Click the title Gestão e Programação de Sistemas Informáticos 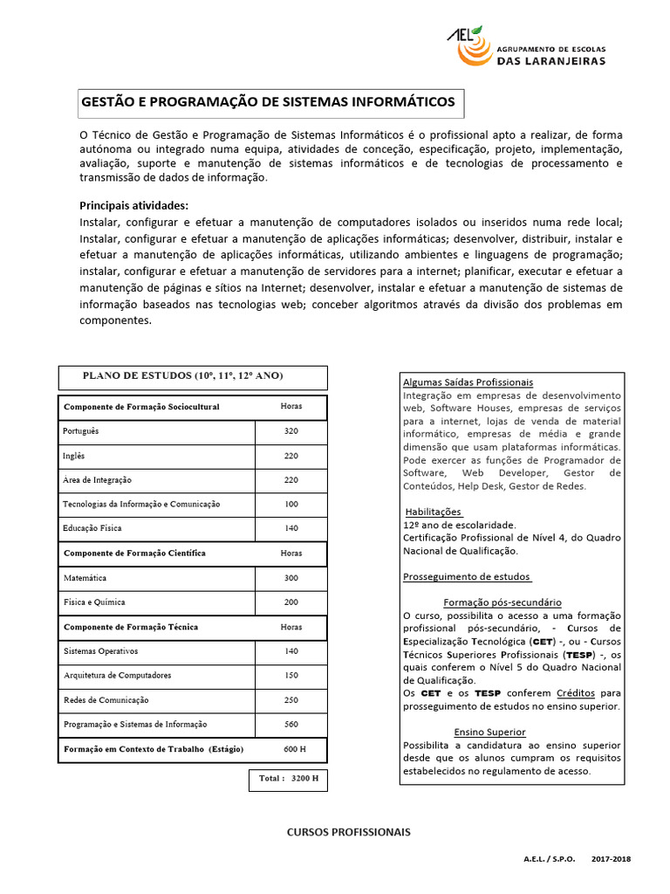click(268, 102)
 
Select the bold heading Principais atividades click(133, 205)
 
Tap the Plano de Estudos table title click(182, 375)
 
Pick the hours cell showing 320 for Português click(291, 431)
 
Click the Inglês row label click(73, 456)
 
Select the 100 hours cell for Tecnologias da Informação click(291, 504)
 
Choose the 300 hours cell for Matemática click(291, 578)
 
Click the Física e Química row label click(94, 602)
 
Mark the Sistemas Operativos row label click(100, 651)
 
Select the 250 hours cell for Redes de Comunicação click(291, 700)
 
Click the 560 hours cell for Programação click(291, 724)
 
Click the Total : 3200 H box click(289, 778)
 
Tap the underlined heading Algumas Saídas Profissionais click(468, 382)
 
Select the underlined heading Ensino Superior click(489, 732)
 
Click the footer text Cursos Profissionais click(348, 832)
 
